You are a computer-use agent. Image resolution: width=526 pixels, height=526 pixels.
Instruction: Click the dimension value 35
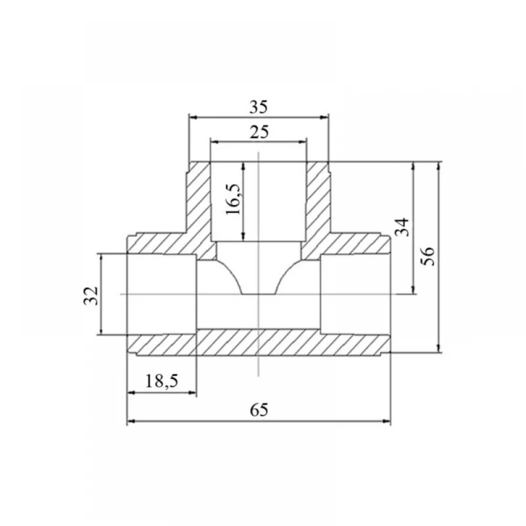[x=259, y=107]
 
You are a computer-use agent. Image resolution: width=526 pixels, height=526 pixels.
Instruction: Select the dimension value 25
[x=259, y=132]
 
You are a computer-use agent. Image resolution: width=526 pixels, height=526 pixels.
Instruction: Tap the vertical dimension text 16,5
[x=234, y=199]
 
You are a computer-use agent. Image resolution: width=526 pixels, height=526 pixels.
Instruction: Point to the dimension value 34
[x=403, y=227]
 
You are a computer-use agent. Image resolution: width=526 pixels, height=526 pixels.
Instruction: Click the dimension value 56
[x=428, y=256]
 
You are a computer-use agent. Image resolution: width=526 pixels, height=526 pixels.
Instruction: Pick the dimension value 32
[x=91, y=295]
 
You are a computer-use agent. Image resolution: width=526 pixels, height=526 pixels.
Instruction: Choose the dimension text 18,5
[x=161, y=381]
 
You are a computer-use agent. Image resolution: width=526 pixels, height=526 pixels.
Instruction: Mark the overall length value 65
[x=259, y=410]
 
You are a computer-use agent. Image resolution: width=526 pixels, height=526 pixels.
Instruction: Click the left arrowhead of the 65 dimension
[x=131, y=421]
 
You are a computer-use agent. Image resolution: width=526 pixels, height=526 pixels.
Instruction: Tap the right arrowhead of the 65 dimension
[x=387, y=421]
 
